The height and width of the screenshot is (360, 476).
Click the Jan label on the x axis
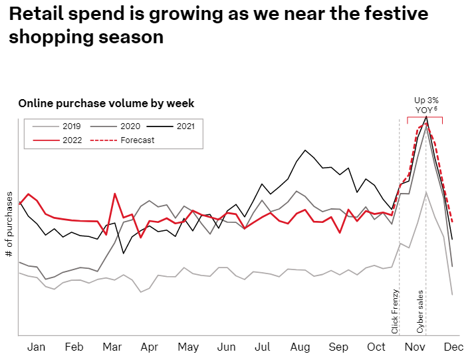coord(37,347)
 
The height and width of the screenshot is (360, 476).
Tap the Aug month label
coord(300,347)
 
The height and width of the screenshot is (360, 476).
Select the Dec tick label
coord(453,347)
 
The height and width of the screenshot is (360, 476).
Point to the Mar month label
coord(112,347)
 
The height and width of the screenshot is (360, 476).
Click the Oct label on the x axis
coord(376,347)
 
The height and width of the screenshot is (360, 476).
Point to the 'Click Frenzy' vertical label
coord(395,311)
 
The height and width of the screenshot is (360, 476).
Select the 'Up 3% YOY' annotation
coord(426,104)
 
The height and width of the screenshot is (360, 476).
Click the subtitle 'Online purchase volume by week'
coord(106,103)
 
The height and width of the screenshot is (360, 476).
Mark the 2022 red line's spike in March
coord(115,194)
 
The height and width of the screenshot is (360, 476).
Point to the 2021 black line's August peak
coord(305,150)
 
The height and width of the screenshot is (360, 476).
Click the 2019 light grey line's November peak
coord(425,192)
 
